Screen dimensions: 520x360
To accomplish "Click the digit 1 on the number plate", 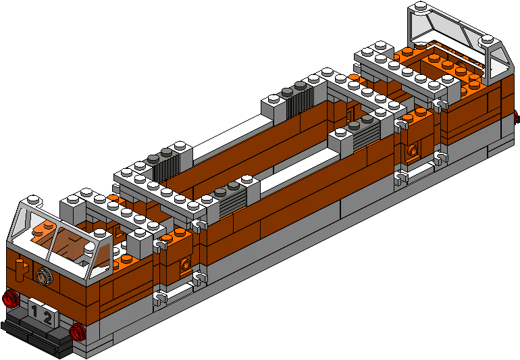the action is click(x=34, y=311).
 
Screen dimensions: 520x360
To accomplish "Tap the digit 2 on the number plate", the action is click(x=47, y=319).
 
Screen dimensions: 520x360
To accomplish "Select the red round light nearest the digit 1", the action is click(x=10, y=298).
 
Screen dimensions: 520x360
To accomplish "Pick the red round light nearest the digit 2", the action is click(x=78, y=332).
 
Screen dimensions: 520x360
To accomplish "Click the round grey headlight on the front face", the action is click(x=45, y=276).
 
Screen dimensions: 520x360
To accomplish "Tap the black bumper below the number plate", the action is click(x=36, y=335).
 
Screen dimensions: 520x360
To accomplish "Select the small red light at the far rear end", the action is click(x=517, y=117).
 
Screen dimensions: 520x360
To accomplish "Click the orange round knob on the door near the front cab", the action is click(x=186, y=265).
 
